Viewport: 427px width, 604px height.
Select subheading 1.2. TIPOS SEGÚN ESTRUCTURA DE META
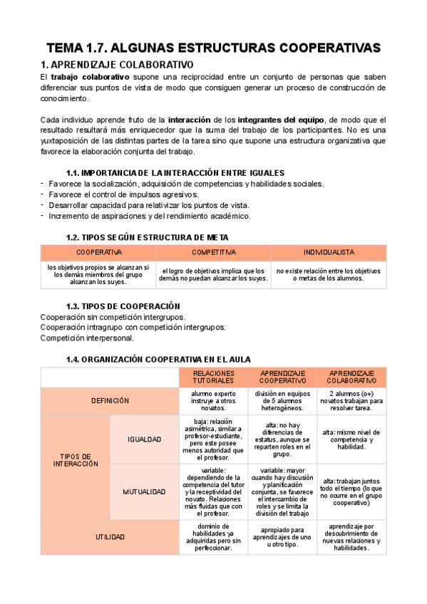click(147, 237)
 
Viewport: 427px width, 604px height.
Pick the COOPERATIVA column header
click(98, 252)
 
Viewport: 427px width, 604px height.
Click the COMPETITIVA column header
click(214, 252)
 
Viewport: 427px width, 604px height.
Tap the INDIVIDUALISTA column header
click(329, 252)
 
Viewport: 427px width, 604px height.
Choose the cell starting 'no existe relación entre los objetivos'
click(329, 275)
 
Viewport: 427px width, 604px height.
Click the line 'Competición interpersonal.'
click(87, 338)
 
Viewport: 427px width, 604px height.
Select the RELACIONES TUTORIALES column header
click(214, 377)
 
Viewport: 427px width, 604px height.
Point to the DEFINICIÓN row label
click(110, 401)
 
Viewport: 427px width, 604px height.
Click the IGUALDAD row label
click(144, 439)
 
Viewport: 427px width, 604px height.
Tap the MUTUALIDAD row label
click(144, 491)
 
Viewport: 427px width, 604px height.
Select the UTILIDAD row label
click(110, 537)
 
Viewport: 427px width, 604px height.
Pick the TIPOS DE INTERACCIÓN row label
click(76, 459)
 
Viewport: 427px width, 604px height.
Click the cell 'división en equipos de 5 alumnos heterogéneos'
click(282, 401)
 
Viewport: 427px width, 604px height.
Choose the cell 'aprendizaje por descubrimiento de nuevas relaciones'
click(351, 537)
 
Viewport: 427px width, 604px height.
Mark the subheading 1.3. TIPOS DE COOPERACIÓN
click(118, 306)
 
